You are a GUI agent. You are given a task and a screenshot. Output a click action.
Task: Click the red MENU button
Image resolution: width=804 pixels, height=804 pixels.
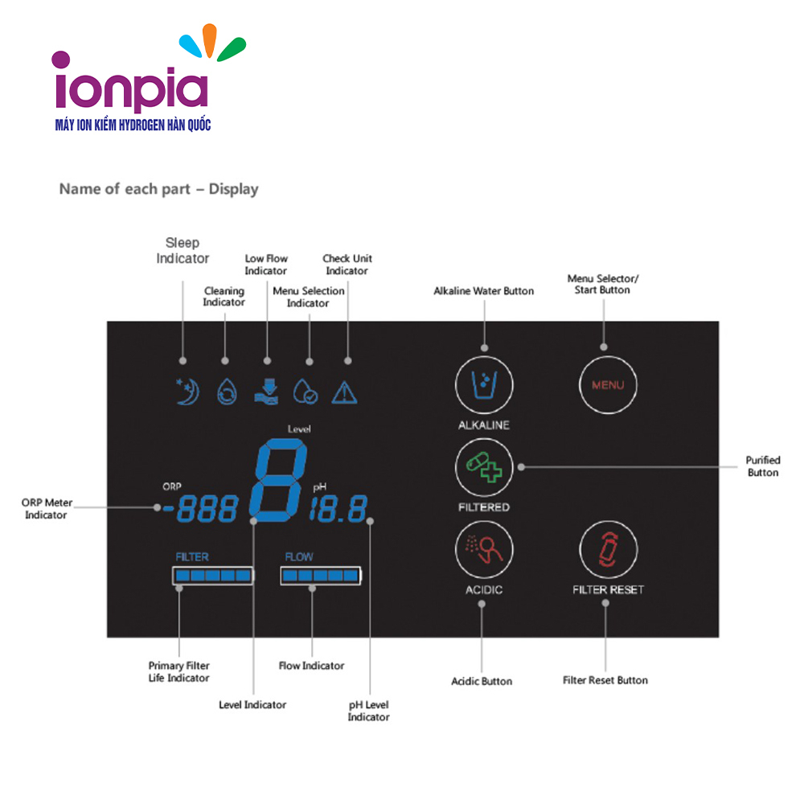point(608,385)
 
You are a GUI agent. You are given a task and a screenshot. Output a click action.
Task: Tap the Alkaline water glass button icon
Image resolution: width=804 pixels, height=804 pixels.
point(484,385)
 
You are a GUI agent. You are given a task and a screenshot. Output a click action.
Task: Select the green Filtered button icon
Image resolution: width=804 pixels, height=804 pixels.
point(484,467)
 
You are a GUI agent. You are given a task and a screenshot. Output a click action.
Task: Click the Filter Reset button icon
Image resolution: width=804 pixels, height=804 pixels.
point(608,549)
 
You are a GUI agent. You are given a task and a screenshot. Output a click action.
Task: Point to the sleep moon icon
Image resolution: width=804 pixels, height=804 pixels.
point(187,392)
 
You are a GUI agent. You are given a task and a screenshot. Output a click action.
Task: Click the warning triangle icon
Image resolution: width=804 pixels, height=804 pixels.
point(345,393)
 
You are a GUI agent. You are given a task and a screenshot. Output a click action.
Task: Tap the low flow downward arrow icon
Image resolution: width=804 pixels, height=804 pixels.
point(267,392)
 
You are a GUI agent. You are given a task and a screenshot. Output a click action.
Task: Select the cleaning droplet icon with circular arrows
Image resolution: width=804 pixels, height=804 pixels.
point(227,392)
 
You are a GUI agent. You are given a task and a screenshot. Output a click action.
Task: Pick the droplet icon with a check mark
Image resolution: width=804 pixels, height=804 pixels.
point(305,392)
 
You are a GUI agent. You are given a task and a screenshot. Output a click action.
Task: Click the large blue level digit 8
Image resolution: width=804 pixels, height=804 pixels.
point(278,480)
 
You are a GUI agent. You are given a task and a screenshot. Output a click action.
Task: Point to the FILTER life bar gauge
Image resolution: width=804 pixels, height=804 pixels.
point(213,576)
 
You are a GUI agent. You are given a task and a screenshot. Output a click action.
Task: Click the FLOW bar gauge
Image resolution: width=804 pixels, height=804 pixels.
point(321,576)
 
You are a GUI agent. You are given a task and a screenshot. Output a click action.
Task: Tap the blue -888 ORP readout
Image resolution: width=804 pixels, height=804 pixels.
point(200,509)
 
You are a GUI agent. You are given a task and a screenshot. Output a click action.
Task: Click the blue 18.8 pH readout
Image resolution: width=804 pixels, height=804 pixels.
point(338,509)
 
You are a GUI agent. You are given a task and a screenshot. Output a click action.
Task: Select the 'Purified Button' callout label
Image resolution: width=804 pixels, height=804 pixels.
point(763,466)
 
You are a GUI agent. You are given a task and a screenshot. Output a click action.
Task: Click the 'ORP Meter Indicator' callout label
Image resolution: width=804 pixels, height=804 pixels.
point(47,509)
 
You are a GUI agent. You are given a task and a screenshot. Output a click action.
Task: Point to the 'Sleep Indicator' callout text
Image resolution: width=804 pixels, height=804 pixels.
point(183,250)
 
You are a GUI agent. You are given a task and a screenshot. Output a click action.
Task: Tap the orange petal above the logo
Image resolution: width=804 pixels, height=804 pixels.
point(209,39)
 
